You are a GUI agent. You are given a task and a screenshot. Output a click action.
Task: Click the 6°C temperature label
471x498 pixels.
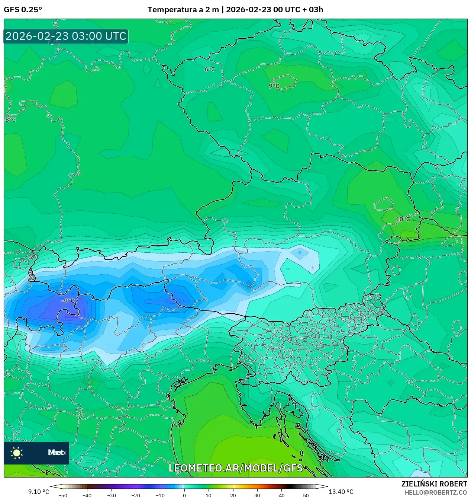(210, 69)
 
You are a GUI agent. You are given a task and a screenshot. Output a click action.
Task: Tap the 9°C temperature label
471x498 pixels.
(274, 86)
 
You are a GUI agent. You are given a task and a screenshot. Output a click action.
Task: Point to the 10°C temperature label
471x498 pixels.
(403, 219)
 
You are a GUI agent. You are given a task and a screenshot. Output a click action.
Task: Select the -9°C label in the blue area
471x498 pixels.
(68, 301)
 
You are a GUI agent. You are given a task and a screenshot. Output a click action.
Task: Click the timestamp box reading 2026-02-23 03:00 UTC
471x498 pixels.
(66, 36)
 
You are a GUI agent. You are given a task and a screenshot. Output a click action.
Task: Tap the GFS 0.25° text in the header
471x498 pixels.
(23, 10)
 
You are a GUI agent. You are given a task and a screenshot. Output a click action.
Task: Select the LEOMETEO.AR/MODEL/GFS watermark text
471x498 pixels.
(236, 468)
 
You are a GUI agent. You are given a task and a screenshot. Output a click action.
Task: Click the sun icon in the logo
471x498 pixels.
(17, 453)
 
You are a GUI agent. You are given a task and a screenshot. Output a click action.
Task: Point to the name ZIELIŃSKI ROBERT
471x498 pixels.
(434, 484)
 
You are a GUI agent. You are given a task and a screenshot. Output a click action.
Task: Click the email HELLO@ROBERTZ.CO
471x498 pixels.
(436, 492)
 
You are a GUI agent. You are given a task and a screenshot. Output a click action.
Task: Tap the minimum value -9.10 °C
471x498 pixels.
(37, 492)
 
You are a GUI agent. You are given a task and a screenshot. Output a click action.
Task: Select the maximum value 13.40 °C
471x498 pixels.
(341, 492)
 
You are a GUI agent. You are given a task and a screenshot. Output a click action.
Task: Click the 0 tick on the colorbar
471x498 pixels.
(184, 495)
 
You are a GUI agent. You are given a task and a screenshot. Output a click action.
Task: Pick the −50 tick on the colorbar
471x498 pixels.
(63, 495)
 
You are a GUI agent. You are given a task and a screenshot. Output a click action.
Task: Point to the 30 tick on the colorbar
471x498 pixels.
(257, 495)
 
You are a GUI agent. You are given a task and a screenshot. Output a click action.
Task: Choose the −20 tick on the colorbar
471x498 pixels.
(136, 495)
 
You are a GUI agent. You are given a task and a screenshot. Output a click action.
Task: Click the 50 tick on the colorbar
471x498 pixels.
(306, 495)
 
